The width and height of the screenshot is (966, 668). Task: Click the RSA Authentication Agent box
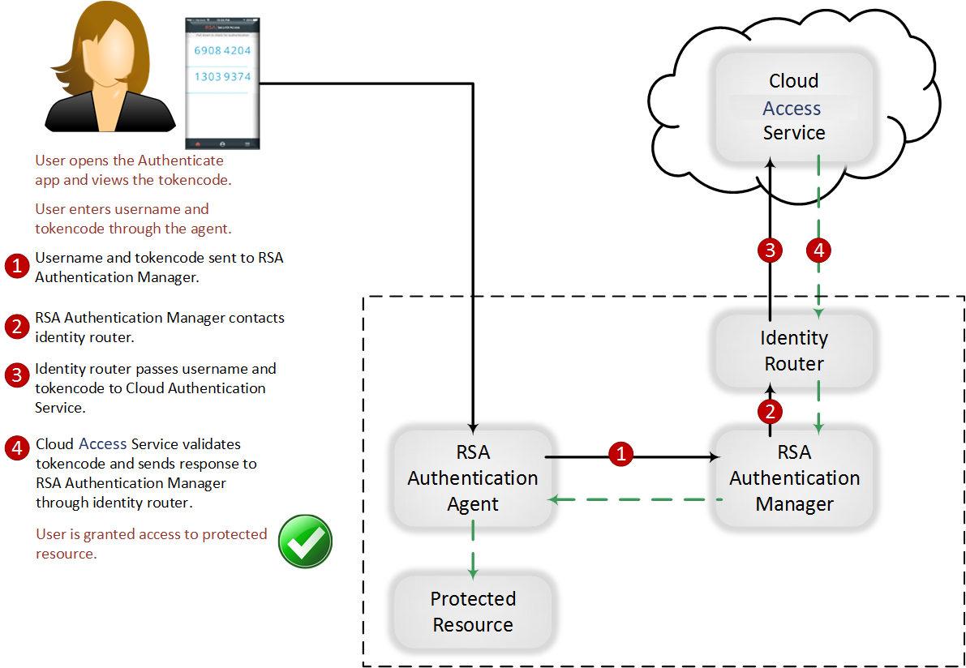(x=473, y=478)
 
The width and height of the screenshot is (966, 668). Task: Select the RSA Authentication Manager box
(x=794, y=478)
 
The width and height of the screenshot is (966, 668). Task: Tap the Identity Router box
(x=794, y=351)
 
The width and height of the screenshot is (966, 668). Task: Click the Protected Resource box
(x=473, y=612)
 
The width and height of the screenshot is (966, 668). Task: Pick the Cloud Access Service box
(x=793, y=107)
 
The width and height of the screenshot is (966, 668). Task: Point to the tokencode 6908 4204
(x=222, y=50)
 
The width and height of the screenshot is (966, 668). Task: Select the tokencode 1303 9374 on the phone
(x=222, y=77)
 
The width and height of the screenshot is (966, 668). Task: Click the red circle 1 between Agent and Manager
(x=621, y=456)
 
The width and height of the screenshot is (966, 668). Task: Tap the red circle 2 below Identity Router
(x=770, y=411)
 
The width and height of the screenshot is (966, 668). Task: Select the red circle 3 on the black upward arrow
(x=770, y=250)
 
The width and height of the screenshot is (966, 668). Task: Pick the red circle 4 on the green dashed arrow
(x=818, y=250)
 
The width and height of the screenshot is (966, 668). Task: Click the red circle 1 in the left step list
(x=17, y=267)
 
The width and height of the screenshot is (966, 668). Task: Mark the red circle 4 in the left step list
(x=17, y=448)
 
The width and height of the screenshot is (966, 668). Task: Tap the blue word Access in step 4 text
(x=103, y=443)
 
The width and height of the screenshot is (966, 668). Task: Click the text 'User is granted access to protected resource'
(x=151, y=544)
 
